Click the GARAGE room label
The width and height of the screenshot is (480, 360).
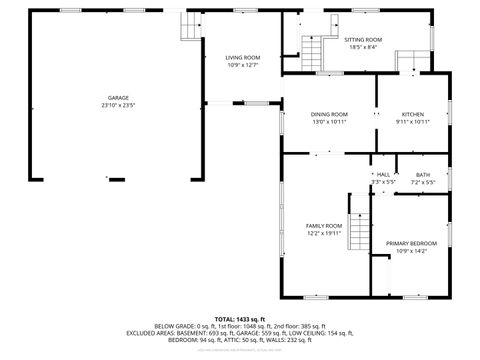[118, 98]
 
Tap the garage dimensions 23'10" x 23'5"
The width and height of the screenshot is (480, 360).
[118, 105]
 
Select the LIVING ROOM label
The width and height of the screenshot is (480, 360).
[242, 58]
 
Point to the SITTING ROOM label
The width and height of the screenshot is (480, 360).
[363, 40]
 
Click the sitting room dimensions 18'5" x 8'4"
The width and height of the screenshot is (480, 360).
[363, 47]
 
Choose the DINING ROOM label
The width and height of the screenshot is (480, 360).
[329, 114]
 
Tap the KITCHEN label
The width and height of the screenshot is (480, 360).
[412, 114]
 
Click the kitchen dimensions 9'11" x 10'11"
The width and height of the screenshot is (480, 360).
[412, 121]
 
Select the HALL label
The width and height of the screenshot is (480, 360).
[383, 175]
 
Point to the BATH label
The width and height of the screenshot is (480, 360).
[423, 175]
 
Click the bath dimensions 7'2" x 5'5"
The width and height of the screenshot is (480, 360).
[423, 182]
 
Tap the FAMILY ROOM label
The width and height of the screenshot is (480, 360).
[323, 226]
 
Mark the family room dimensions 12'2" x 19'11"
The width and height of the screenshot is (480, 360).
[323, 233]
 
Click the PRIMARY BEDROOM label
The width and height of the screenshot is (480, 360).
[412, 242]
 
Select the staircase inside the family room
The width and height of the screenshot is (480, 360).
[359, 233]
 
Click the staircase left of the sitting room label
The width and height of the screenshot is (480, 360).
[313, 50]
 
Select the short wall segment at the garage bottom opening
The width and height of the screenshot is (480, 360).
[117, 180]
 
